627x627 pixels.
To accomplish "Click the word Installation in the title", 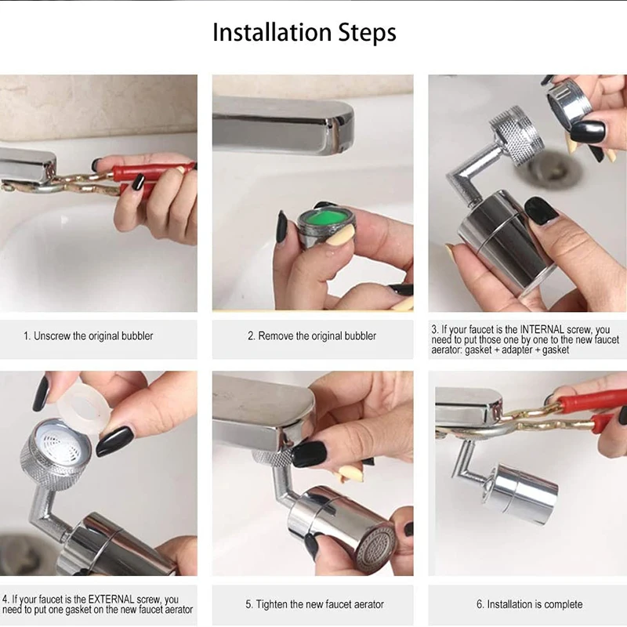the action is click(272, 32).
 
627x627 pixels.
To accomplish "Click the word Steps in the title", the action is click(368, 33).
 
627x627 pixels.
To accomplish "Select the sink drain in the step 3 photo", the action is click(551, 169).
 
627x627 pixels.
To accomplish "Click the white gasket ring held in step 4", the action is click(84, 406).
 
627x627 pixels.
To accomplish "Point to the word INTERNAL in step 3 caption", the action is click(542, 330).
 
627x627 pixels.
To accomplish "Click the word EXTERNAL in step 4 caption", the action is click(111, 600).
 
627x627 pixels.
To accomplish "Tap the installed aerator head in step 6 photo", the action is click(522, 495).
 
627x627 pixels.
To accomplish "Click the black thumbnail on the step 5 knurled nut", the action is click(309, 454).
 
